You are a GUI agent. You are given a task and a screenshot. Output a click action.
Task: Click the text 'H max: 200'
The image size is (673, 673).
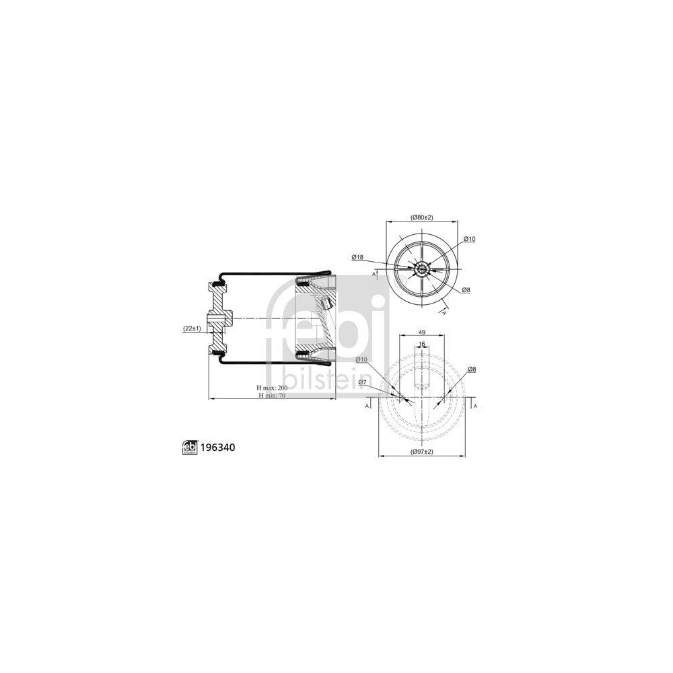coord(273,388)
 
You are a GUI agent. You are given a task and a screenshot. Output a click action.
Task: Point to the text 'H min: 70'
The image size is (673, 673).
coord(273,396)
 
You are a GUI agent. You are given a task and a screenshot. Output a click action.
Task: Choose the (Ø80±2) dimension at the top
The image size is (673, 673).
coord(421,217)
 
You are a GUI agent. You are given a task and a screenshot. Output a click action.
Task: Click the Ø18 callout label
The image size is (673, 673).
coord(357,256)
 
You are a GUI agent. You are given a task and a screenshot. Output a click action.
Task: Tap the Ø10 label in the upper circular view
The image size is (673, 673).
coord(470,239)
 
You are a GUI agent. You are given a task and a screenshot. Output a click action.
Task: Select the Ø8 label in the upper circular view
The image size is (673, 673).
coord(466,289)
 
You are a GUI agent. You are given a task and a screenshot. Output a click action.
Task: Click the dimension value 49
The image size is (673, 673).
coord(421,332)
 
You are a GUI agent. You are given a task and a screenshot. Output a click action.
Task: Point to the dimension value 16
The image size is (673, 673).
coord(422,345)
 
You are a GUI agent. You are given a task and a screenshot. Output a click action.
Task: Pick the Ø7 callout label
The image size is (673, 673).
coord(362,382)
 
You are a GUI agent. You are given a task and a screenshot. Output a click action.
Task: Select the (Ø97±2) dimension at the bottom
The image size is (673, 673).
coord(421,452)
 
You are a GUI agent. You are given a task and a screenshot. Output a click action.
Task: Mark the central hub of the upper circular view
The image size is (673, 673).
coord(422,269)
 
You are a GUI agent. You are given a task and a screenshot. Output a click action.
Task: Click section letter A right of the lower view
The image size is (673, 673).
coord(475,406)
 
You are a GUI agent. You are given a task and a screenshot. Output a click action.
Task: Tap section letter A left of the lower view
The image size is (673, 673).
coord(367,406)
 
